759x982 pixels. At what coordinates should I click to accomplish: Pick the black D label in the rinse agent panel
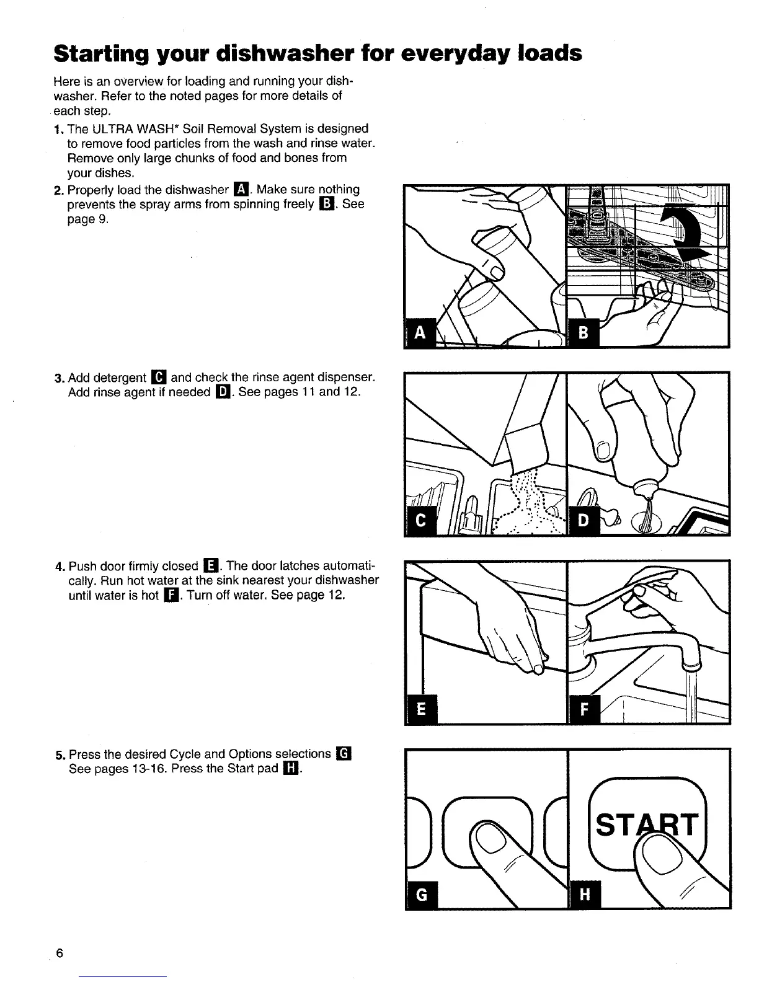(x=582, y=521)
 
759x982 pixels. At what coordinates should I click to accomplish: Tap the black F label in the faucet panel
(x=582, y=709)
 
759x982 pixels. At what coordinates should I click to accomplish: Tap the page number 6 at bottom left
(x=60, y=953)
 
